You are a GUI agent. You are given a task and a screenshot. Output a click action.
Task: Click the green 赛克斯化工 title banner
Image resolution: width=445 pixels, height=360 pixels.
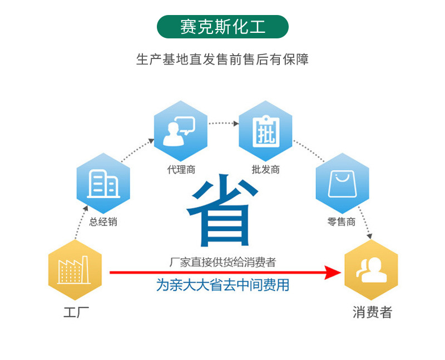222,27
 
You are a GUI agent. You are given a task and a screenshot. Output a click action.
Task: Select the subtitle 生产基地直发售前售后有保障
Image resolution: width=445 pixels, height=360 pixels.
222,59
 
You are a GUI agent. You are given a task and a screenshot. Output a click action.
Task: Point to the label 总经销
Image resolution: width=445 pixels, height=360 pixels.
103,221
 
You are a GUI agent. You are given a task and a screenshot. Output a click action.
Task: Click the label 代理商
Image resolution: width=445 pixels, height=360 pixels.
181,170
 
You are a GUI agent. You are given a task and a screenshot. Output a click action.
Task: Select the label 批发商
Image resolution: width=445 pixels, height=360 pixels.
265,170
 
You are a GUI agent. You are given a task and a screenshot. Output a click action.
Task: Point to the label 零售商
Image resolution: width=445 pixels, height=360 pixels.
342,221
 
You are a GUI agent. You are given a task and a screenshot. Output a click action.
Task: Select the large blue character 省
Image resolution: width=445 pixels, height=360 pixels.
222,211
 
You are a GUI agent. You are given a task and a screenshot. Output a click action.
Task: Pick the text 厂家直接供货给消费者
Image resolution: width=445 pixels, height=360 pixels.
222,262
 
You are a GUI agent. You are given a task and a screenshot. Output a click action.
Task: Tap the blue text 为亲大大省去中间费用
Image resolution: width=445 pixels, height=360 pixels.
222,285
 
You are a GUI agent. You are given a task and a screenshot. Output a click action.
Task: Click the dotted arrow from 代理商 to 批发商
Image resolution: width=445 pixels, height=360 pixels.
224,123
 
